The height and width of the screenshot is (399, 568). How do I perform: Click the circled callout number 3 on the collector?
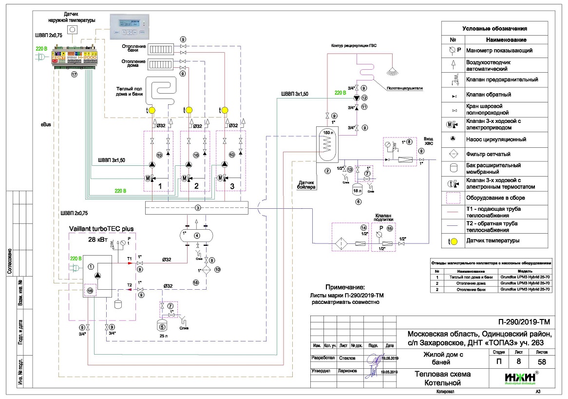197,208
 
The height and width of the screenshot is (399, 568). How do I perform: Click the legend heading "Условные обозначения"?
494,29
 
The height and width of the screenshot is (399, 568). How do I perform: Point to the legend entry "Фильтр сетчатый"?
495,154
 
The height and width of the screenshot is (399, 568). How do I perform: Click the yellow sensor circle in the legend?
454,240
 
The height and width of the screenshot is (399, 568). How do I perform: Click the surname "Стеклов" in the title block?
347,358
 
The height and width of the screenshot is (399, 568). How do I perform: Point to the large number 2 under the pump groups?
196,186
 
